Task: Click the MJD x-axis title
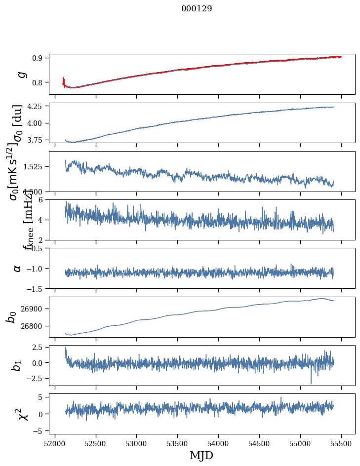(201, 455)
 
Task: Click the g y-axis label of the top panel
(21, 74)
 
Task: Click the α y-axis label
(18, 268)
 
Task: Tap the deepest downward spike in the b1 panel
(311, 383)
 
